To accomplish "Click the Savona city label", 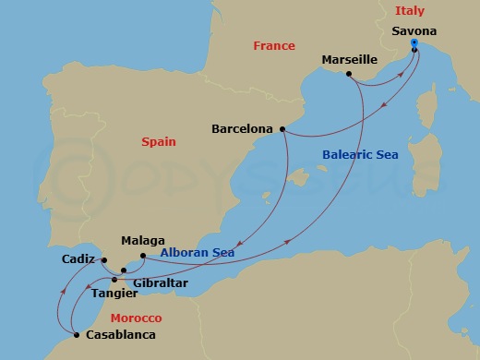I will (414, 30).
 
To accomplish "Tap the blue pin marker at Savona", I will (414, 43).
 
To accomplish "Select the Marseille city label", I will (349, 60).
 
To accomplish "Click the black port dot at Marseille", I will (348, 73).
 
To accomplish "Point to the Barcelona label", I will (242, 129).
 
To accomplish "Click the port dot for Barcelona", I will (281, 129).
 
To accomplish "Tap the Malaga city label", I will (142, 240).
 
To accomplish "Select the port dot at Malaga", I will (143, 256).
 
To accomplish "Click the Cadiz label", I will (78, 259).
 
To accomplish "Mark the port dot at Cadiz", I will (104, 259).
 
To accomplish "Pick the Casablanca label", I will (120, 335).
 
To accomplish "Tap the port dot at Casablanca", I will (77, 335).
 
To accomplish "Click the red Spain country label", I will (158, 142).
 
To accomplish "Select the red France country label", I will (274, 46).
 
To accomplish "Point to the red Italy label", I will (409, 11).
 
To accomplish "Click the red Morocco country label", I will (136, 318).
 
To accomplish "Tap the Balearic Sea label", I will (360, 155).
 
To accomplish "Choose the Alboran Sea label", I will (197, 252).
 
